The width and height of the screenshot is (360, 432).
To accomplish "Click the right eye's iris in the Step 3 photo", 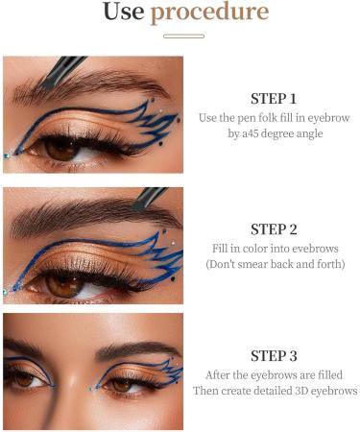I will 124,383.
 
